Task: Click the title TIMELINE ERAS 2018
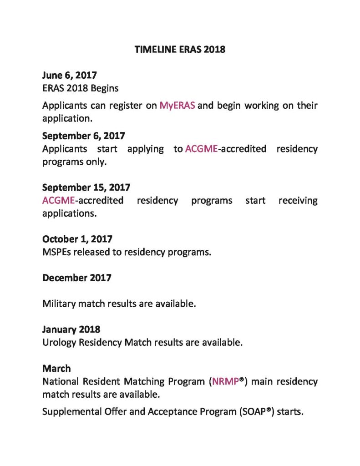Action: click(x=180, y=50)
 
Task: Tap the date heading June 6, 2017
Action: click(x=69, y=75)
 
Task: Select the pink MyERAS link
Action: click(x=177, y=106)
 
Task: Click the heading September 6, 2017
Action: click(x=83, y=136)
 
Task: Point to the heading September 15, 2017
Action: click(x=86, y=187)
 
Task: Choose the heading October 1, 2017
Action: click(x=77, y=239)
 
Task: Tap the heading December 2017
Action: click(x=76, y=278)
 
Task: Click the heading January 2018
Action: click(x=71, y=329)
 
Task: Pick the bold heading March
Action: click(x=56, y=368)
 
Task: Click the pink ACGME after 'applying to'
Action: click(x=202, y=149)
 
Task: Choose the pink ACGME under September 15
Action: click(x=58, y=201)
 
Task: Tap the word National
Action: click(x=60, y=381)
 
